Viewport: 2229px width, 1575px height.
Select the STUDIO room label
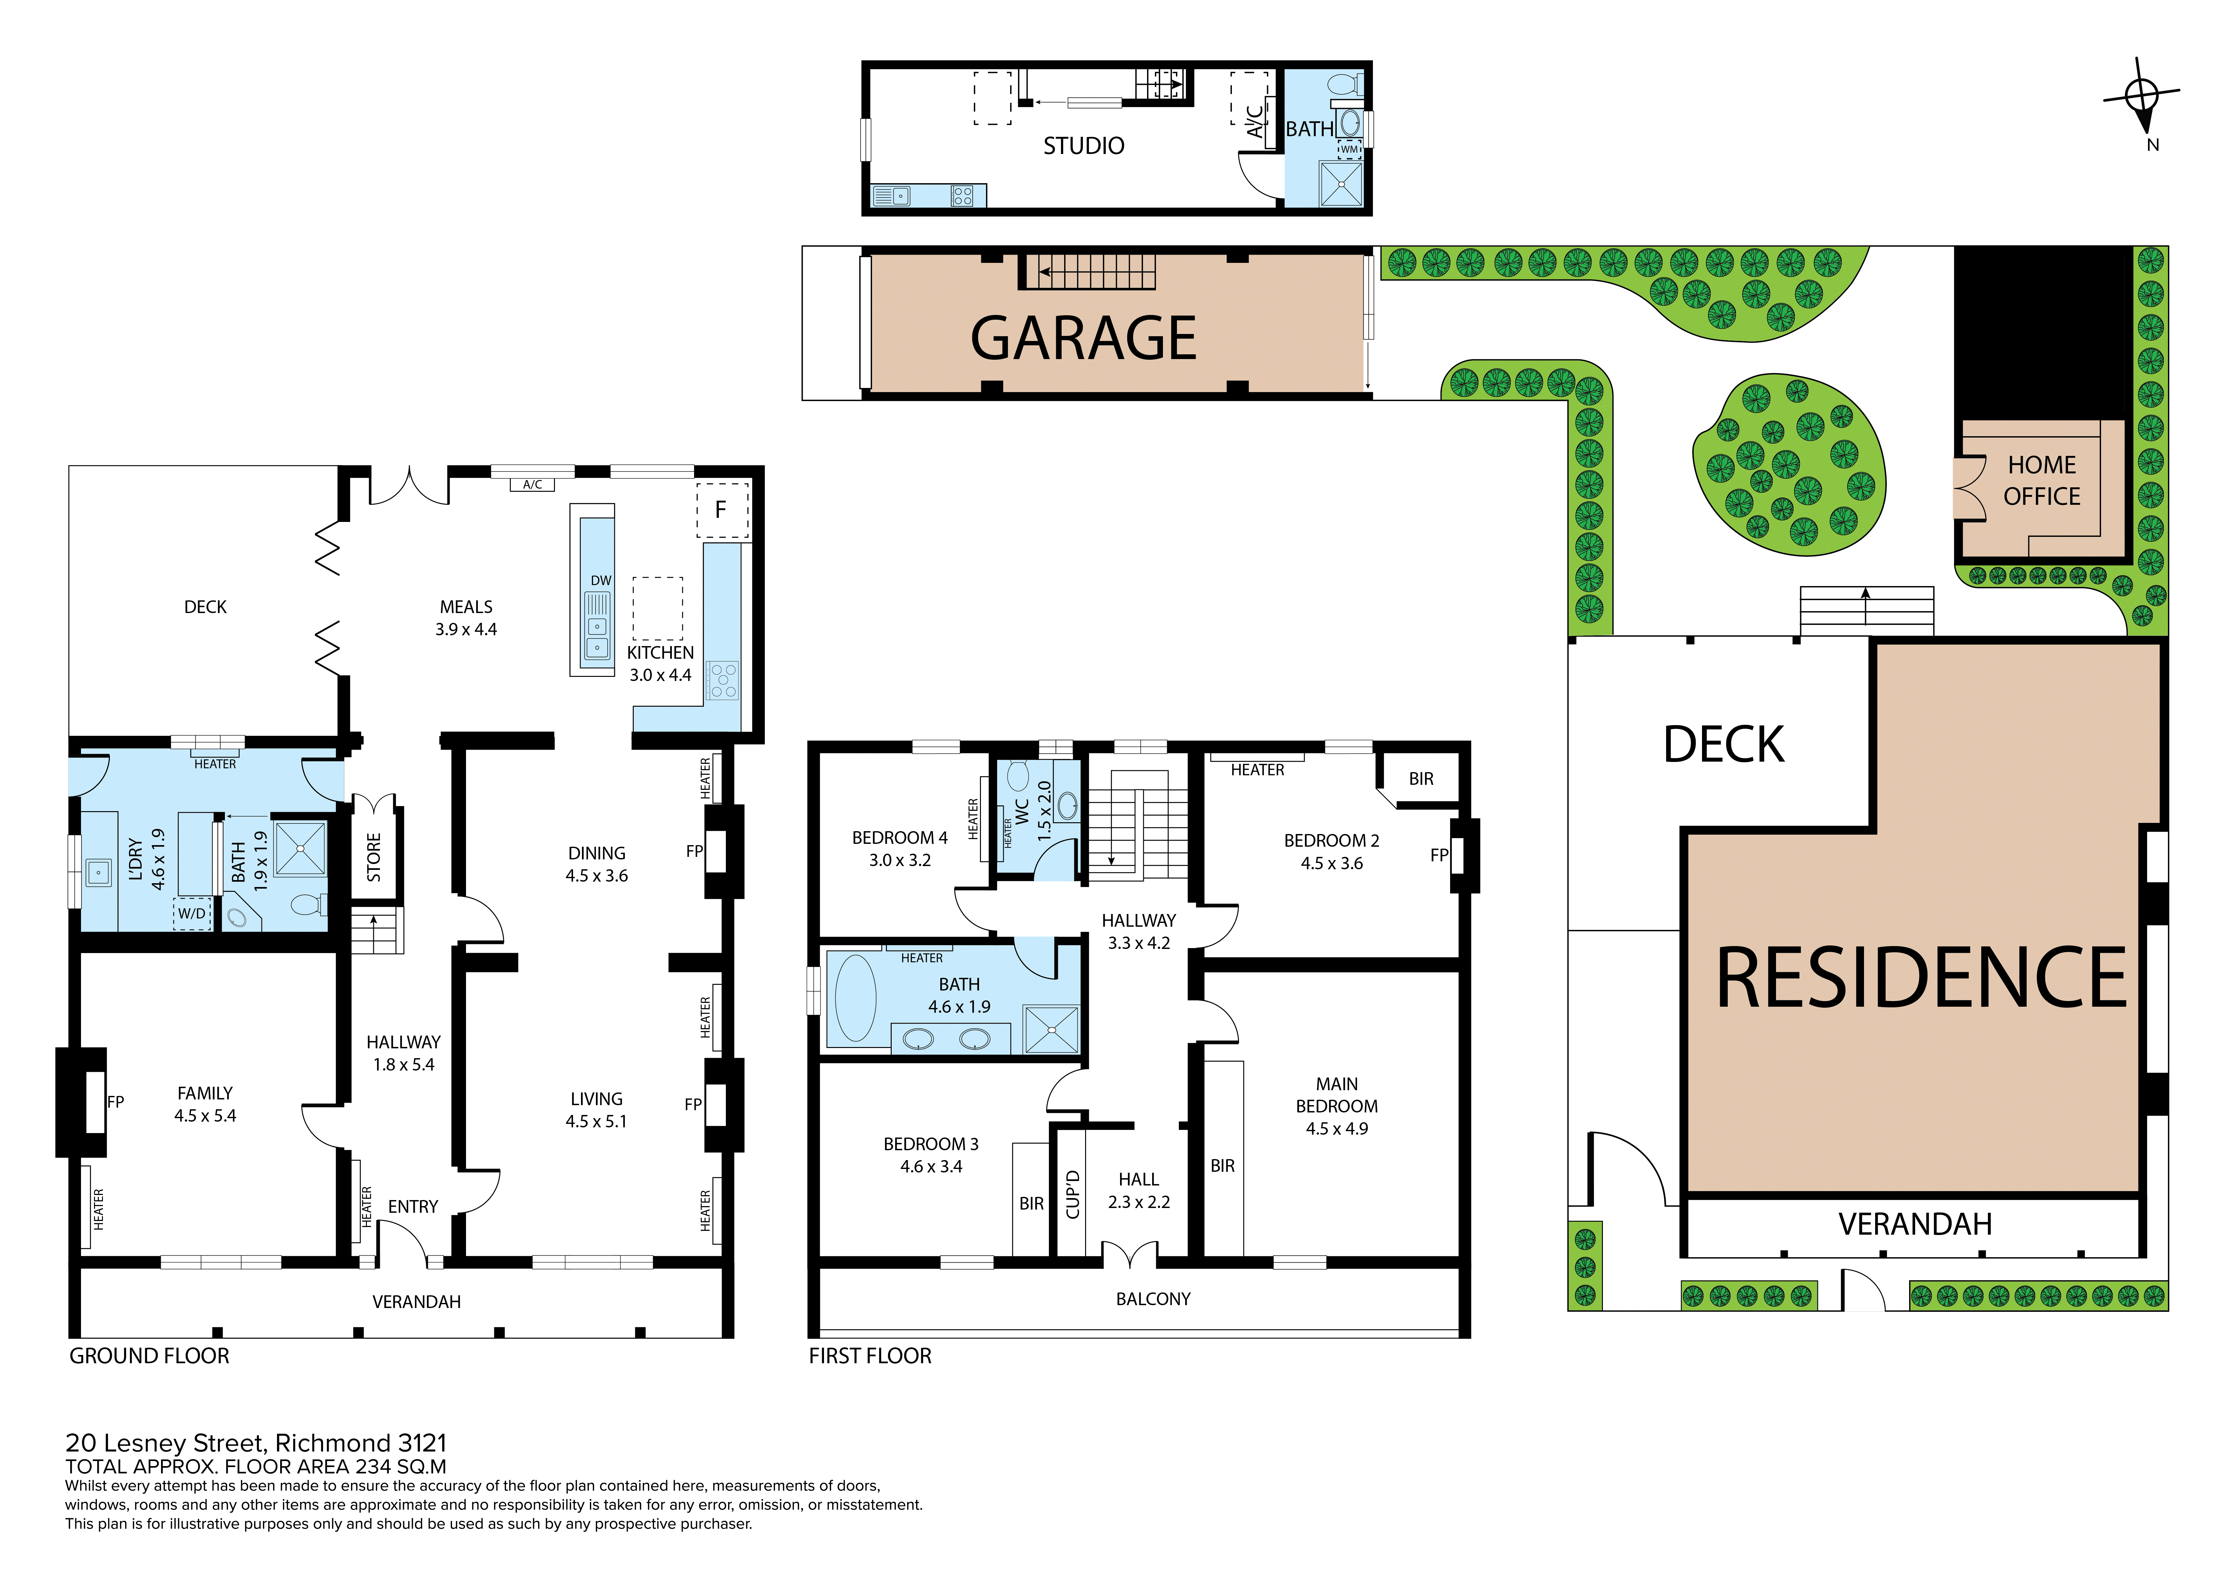point(1084,146)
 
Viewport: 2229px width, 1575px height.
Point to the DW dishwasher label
point(601,580)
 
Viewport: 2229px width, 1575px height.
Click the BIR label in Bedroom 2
point(1420,778)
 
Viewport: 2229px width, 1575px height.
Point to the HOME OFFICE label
point(2042,480)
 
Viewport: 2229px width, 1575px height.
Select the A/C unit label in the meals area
point(532,484)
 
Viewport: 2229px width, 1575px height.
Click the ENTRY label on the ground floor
point(413,1206)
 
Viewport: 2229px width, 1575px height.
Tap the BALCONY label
point(1152,1298)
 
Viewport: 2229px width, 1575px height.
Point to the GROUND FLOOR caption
point(150,1356)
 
